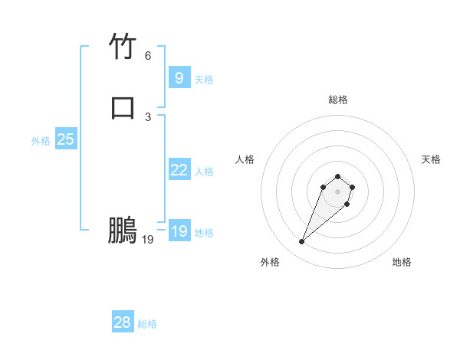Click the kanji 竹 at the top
coord(123,48)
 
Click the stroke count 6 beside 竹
coord(148,56)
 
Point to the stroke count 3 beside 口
coord(148,116)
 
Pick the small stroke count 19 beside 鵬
coord(148,240)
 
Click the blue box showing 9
coord(179,77)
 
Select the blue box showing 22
coord(179,170)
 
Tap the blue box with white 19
coord(179,231)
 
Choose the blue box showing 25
coord(65,139)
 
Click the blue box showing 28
coord(123,322)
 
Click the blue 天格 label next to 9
coord(204,79)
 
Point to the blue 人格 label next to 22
coord(204,172)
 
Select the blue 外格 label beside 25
coord(41,141)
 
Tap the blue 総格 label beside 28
coord(147,324)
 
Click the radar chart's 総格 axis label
coord(338,100)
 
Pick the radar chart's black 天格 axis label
coord(431,159)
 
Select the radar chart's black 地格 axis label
coord(402,262)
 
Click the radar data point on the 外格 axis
coord(302,242)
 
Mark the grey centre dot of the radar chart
coord(338,191)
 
